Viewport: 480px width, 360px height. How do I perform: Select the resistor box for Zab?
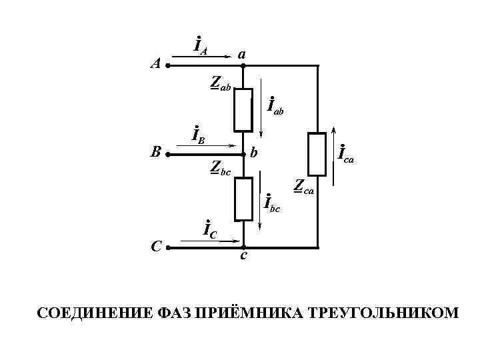pos(243,109)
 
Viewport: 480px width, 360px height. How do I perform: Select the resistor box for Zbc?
pos(243,199)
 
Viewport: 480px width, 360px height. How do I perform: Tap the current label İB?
pos(198,135)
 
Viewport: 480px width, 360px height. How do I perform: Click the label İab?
pos(275,105)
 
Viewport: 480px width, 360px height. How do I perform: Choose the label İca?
pos(346,155)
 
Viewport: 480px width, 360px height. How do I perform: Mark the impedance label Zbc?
pos(220,168)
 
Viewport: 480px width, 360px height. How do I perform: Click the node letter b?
pos(254,154)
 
